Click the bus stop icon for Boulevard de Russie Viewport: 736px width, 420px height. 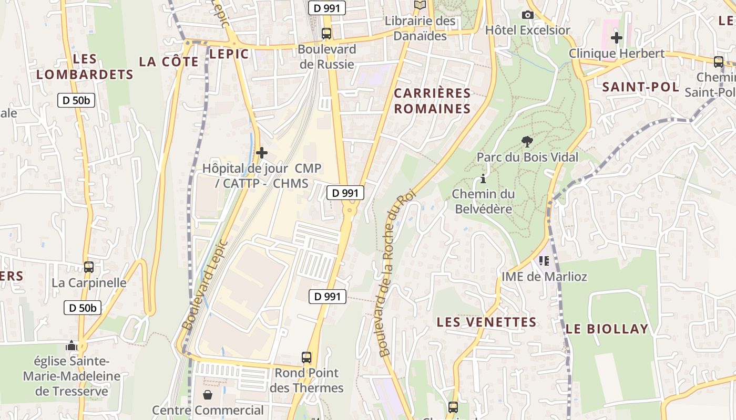[x=326, y=34]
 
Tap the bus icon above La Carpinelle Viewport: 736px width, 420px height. [x=89, y=267]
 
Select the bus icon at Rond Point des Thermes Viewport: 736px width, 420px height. [x=306, y=358]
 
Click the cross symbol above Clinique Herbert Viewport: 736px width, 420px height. [x=617, y=38]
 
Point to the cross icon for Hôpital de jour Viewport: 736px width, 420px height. [x=261, y=153]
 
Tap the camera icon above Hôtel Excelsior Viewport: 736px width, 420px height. [x=528, y=15]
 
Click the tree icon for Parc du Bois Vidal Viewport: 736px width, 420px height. [x=526, y=141]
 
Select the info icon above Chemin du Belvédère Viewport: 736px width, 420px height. [x=483, y=178]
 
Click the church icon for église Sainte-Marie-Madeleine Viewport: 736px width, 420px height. [x=71, y=345]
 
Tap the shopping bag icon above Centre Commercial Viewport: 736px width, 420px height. [x=208, y=394]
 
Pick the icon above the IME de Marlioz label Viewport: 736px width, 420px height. [x=544, y=260]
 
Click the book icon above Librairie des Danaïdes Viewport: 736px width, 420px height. [x=420, y=5]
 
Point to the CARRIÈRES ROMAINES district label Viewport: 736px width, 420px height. [x=432, y=101]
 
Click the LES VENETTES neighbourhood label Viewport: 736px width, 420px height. [x=487, y=322]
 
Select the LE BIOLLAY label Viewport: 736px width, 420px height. [x=607, y=329]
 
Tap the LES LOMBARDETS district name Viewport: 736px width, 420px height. [x=85, y=66]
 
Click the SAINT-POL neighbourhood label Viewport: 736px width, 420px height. [x=640, y=87]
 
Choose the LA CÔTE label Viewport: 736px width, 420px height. [x=169, y=61]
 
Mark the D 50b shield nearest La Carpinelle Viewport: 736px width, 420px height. [x=83, y=308]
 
